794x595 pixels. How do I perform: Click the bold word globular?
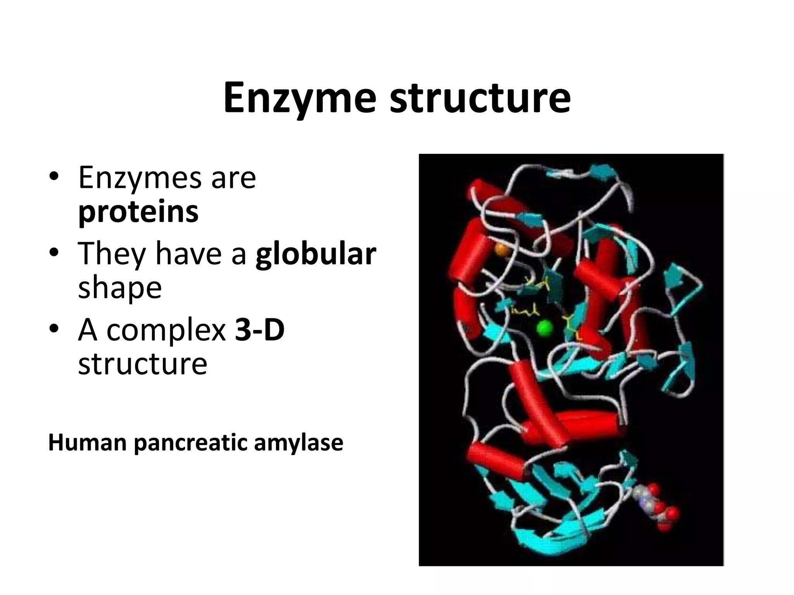(x=316, y=254)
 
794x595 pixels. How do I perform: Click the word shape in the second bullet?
(x=120, y=288)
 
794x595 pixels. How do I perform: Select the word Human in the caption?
(x=87, y=442)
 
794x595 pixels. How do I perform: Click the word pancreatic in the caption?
(x=190, y=442)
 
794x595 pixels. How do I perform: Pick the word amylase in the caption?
(x=299, y=442)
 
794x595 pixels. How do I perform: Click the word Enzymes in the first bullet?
(x=140, y=178)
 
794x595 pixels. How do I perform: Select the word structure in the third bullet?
(x=143, y=364)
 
